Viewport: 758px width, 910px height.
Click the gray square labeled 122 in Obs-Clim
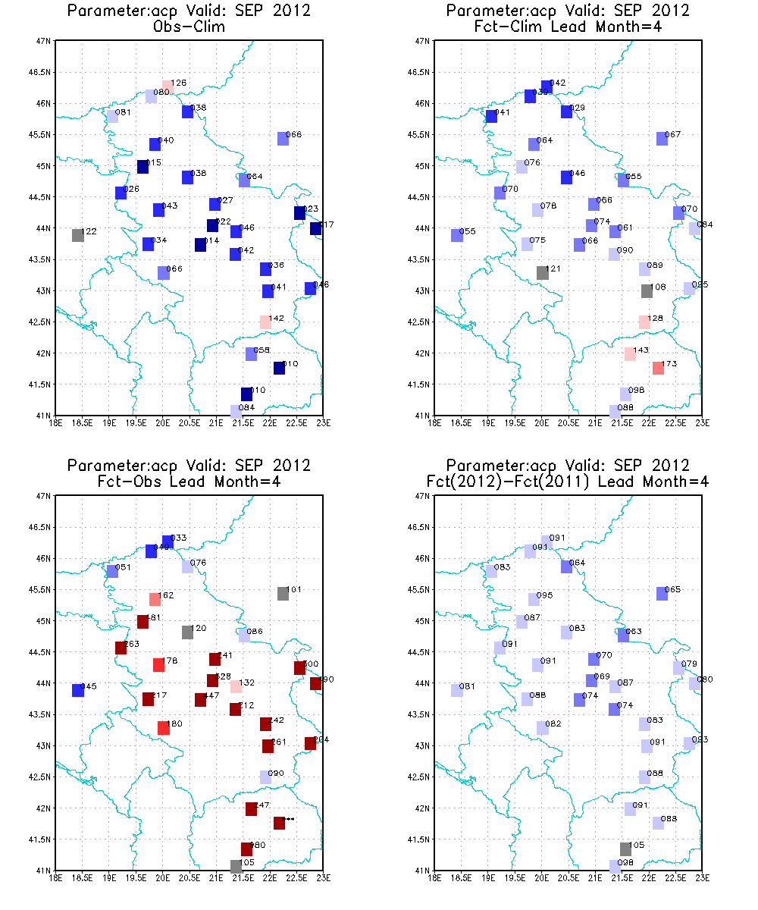77,235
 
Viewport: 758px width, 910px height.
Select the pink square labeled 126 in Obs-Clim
168,87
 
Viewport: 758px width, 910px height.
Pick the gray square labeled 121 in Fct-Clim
543,273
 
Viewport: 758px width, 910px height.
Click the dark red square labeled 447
200,700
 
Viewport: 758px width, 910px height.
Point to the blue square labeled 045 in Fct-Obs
77,690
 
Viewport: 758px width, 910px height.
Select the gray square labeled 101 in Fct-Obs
283,594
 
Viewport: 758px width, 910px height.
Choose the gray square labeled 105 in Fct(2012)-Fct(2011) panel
625,849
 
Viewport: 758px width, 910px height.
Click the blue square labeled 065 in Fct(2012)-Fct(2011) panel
662,594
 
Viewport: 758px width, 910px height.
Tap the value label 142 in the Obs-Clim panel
277,318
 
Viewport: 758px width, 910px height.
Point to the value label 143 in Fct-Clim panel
641,350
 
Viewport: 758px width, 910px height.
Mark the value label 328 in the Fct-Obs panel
224,676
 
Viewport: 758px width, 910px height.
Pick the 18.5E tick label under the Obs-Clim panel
82,422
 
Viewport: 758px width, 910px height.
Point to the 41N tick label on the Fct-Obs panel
44,870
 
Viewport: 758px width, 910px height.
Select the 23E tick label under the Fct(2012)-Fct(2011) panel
701,877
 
